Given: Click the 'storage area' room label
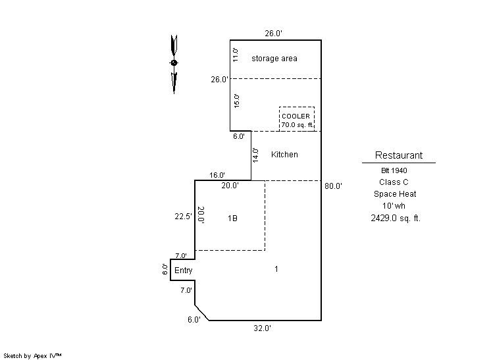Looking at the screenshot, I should click(274, 59).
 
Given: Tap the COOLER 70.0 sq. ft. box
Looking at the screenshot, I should click(296, 119).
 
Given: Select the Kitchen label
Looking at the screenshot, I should click(284, 155).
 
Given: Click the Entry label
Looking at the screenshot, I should click(184, 270).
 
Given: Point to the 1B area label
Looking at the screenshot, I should click(232, 218).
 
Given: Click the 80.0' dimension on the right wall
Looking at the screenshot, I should click(333, 186).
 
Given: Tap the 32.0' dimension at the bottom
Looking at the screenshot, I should click(262, 328).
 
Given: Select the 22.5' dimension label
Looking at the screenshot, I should click(182, 217).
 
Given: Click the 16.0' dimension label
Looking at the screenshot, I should click(217, 175).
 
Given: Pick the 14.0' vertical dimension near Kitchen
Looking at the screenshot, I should click(255, 155).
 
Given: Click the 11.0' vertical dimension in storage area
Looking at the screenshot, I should click(234, 54).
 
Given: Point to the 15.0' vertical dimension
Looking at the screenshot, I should click(236, 101).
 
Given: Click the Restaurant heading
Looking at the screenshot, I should click(398, 155).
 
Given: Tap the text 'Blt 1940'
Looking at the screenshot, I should click(394, 170).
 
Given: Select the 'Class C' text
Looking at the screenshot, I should click(394, 182).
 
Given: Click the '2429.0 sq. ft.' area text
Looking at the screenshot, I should click(395, 218).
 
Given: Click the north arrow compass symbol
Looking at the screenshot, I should click(174, 63).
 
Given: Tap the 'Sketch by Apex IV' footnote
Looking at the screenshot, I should click(32, 355).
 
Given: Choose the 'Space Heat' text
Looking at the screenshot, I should click(395, 194).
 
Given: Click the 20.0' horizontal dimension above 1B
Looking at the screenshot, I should click(229, 186).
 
